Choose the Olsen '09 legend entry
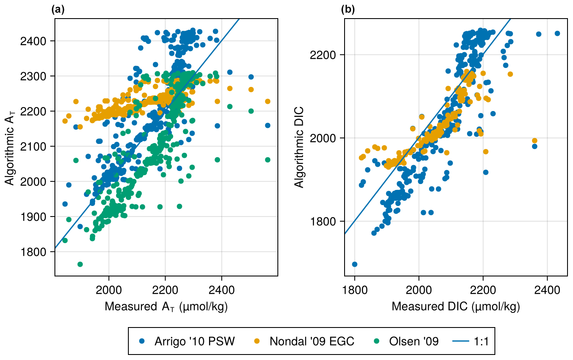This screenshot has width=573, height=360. click(x=407, y=341)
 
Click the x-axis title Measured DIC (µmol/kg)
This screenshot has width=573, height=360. click(x=456, y=307)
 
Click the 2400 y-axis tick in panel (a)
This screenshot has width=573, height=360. click(x=41, y=41)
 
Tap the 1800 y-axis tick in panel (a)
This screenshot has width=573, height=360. click(x=41, y=252)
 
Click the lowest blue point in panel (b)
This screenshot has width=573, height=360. click(x=355, y=264)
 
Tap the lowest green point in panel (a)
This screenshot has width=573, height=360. click(x=80, y=264)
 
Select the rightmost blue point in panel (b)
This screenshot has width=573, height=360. click(x=557, y=33)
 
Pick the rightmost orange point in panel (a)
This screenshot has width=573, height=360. click(x=268, y=101)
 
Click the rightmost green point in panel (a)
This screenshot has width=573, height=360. click(x=268, y=160)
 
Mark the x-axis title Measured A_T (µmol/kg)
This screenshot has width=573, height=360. click(x=166, y=307)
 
